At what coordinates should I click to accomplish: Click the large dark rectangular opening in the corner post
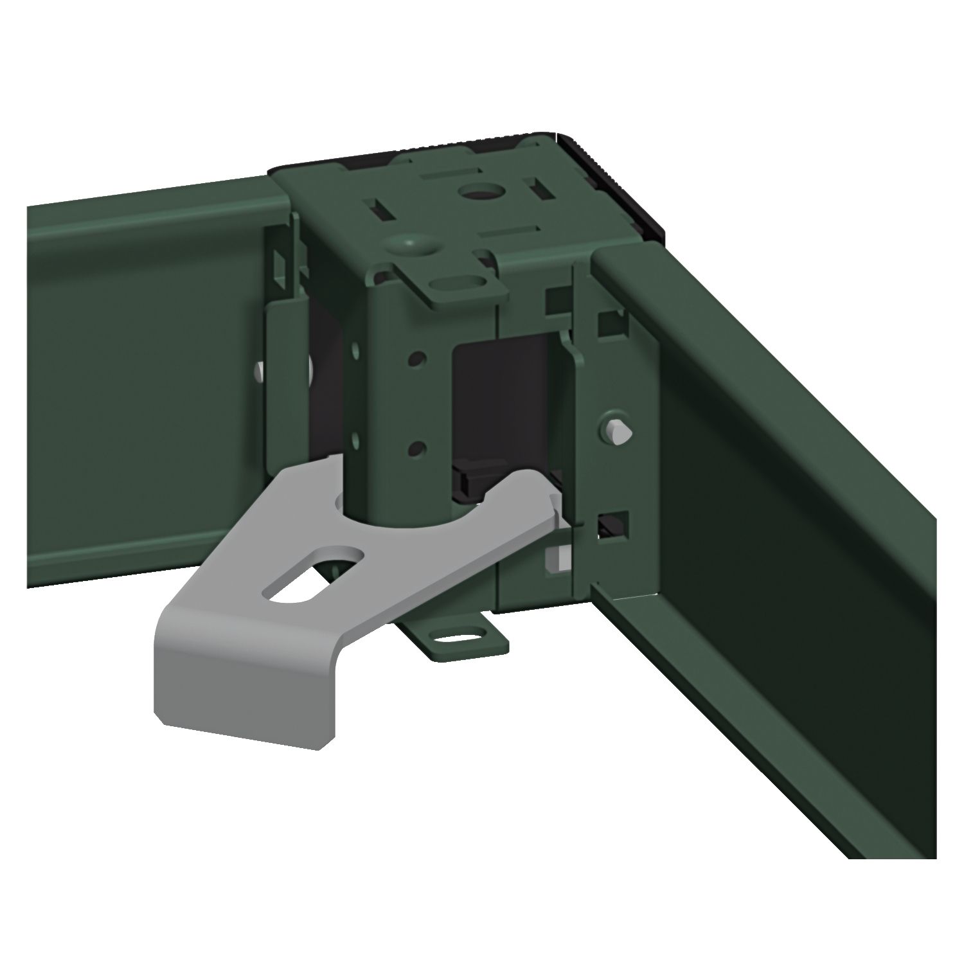(x=501, y=398)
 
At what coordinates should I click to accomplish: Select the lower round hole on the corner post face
(x=417, y=445)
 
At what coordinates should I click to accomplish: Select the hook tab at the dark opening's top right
(x=564, y=341)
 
